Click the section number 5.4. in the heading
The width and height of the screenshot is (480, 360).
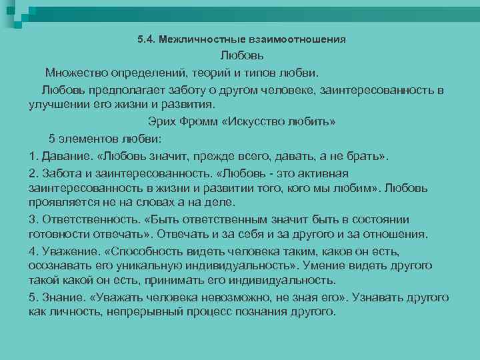click(145, 39)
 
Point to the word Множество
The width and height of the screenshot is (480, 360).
click(75, 72)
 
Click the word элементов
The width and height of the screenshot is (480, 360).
click(90, 138)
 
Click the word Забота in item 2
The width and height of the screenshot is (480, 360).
click(62, 173)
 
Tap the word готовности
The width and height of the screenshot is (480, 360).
click(61, 234)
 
